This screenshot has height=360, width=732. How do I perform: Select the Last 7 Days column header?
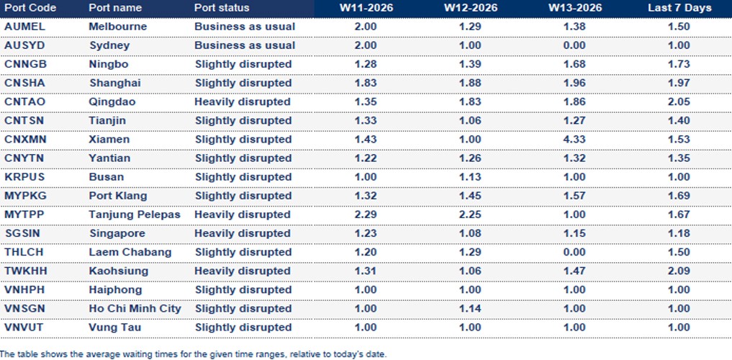click(679, 8)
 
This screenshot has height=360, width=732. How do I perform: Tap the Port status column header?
click(222, 8)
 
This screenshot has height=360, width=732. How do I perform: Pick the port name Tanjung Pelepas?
click(135, 215)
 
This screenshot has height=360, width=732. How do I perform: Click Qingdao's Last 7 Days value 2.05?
click(679, 102)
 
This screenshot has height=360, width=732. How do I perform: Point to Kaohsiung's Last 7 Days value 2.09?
click(679, 271)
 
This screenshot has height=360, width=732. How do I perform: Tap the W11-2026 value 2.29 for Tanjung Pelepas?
click(365, 215)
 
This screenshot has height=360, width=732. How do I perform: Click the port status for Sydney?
click(245, 45)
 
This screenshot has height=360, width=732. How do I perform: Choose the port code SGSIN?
click(24, 233)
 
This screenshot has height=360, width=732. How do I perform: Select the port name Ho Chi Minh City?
click(135, 309)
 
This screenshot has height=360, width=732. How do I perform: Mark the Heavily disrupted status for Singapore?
click(243, 233)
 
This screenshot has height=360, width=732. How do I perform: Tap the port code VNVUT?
click(24, 328)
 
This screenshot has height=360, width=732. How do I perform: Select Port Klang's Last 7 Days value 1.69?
click(679, 196)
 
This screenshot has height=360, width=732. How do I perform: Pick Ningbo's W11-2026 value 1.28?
click(365, 64)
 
